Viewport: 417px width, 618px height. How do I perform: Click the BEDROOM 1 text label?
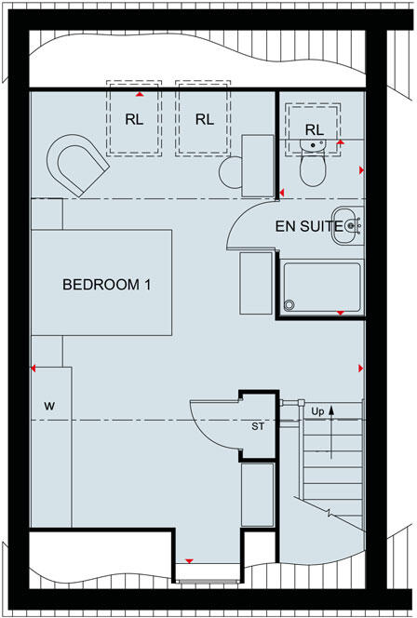106,285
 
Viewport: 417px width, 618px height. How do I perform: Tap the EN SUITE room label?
303,226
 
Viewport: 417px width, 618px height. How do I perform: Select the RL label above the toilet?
315,129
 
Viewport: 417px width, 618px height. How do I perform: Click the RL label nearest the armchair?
135,119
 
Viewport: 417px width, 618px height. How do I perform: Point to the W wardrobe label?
49,407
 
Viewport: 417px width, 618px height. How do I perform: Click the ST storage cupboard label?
259,427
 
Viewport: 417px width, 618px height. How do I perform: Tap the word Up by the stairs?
318,410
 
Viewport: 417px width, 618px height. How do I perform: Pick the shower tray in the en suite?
320,287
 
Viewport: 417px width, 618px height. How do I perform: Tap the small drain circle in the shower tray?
289,302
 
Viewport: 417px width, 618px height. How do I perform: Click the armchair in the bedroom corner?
76,165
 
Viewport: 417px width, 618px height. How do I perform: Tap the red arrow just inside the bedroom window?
190,560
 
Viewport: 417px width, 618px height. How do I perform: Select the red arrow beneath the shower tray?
340,312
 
